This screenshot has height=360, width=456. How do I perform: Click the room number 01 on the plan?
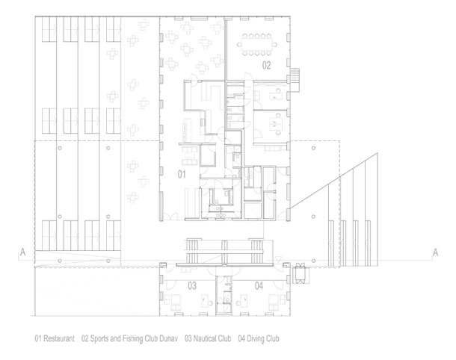[182, 174]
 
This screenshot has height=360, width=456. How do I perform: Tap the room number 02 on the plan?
[266, 66]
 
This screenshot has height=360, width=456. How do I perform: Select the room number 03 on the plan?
[192, 286]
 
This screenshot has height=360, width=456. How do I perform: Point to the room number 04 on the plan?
[259, 286]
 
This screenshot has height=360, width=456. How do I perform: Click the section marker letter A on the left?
[22, 252]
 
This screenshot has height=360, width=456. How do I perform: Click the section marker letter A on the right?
[435, 252]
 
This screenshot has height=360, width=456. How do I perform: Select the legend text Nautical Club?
[212, 338]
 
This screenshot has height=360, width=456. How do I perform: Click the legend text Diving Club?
[263, 338]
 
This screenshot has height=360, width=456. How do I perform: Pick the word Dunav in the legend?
[168, 338]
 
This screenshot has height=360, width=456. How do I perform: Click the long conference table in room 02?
[257, 45]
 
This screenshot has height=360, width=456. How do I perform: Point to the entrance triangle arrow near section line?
[278, 258]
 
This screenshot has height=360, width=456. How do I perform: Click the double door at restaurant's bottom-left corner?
[170, 217]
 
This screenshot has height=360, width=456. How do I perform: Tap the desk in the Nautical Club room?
[204, 300]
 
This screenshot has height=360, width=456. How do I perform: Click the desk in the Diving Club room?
[244, 300]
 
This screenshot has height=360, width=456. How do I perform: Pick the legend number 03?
[188, 338]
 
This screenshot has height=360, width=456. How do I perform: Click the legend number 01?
[38, 338]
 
